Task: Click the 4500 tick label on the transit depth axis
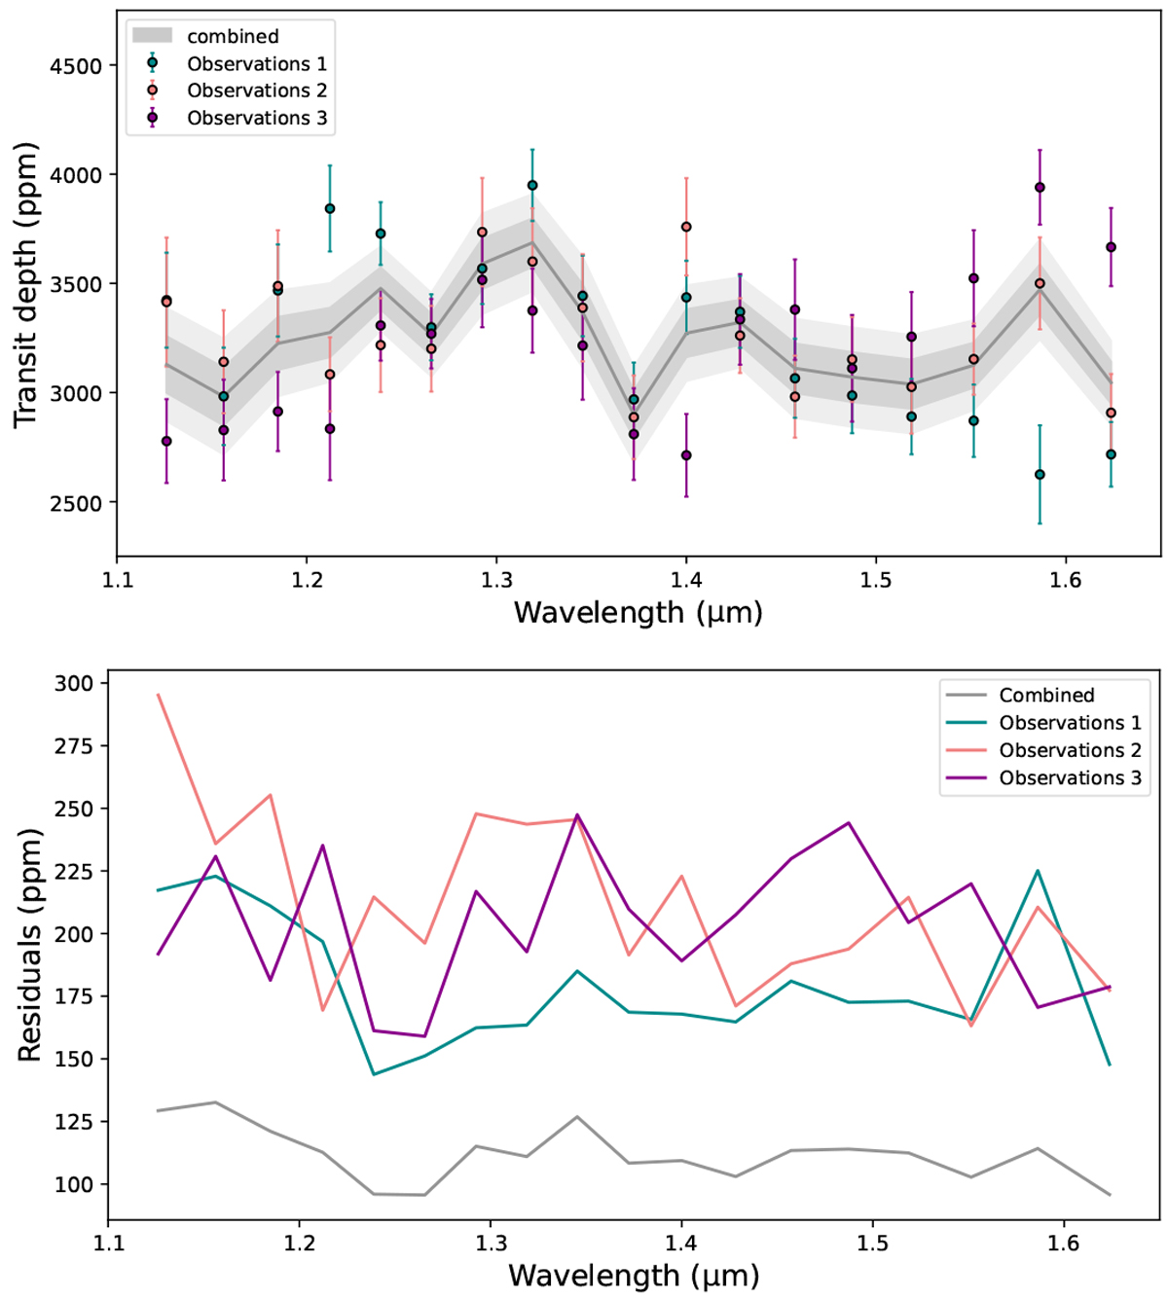tap(77, 66)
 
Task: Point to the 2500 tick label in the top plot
tap(77, 503)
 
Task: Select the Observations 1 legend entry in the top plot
tap(256, 64)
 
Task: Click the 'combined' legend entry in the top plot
tap(233, 36)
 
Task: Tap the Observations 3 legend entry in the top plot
tap(256, 118)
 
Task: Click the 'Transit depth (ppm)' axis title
tap(26, 285)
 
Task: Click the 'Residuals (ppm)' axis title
tap(29, 945)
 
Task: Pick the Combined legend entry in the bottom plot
tap(1046, 695)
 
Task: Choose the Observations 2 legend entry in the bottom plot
tap(1070, 750)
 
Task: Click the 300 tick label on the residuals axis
tap(75, 683)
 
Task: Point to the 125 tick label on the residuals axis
tap(75, 1122)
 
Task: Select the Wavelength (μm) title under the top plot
tap(638, 613)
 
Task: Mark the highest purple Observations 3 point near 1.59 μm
tap(1040, 188)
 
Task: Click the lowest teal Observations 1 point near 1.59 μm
tap(1040, 475)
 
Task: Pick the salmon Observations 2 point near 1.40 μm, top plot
tap(686, 227)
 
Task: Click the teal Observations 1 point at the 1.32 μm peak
tap(532, 185)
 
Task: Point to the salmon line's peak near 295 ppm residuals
tap(158, 695)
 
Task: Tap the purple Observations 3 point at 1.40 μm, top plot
tap(686, 455)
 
